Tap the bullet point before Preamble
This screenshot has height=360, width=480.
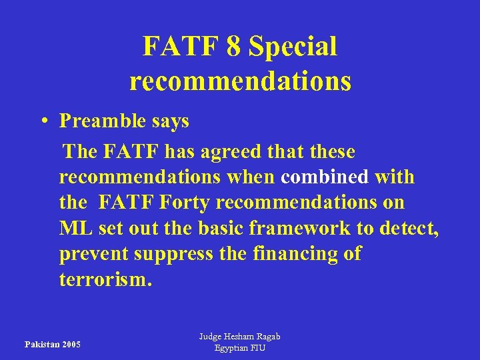(x=42, y=121)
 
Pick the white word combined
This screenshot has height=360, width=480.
(x=325, y=177)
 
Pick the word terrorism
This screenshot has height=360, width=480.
(x=105, y=279)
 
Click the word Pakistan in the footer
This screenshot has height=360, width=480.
(x=41, y=344)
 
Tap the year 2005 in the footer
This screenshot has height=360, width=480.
(x=70, y=344)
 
